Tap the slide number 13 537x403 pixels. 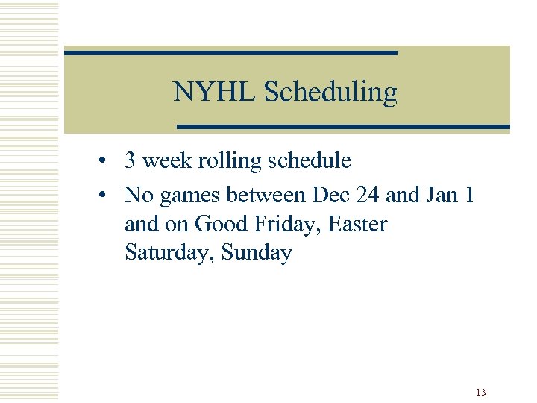pos(480,392)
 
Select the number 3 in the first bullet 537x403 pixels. pos(131,160)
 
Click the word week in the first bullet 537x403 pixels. pos(165,160)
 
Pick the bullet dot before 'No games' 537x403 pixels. pos(109,196)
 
